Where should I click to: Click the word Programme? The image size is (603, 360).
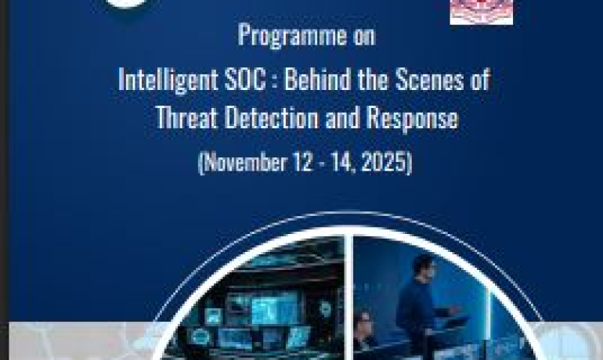click(292, 36)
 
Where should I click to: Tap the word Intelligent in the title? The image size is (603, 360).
click(168, 80)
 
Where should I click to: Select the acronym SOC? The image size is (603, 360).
click(245, 79)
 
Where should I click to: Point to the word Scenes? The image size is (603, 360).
click(430, 79)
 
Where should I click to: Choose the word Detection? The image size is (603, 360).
click(272, 117)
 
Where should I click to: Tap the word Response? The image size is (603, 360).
click(412, 118)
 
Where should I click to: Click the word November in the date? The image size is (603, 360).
click(245, 162)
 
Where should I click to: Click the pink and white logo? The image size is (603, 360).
click(481, 12)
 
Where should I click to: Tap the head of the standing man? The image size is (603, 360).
click(423, 265)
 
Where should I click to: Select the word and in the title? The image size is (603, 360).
click(342, 117)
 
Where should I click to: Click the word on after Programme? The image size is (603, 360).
click(364, 37)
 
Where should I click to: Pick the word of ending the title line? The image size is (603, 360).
click(480, 79)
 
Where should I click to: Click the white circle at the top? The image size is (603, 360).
click(127, 3)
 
